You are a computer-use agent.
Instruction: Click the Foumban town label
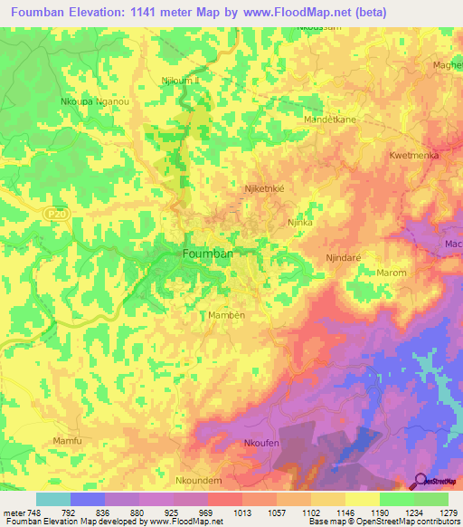pos(208,254)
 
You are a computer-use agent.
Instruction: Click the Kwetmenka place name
pos(414,156)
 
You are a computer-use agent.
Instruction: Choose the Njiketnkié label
pos(265,189)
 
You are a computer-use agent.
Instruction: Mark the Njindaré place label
pos(344,258)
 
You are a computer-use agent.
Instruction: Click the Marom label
pos(392,273)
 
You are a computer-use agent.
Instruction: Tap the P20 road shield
pos(53,212)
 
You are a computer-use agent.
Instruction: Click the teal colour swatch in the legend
pos(53,499)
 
